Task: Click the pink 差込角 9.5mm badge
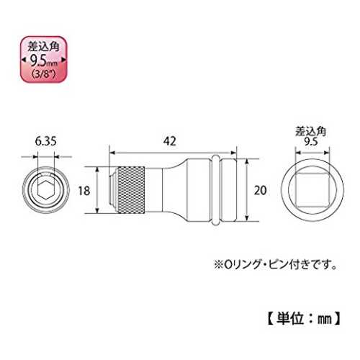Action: (43, 60)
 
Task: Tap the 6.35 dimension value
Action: (46, 141)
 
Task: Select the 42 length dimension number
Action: (170, 141)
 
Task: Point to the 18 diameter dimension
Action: (84, 191)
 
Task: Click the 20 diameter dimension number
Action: (261, 190)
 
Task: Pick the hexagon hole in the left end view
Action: (46, 189)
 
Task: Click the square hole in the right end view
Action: (312, 189)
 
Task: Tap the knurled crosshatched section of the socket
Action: (131, 190)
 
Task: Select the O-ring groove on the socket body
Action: (215, 190)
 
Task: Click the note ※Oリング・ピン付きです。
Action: (275, 264)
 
